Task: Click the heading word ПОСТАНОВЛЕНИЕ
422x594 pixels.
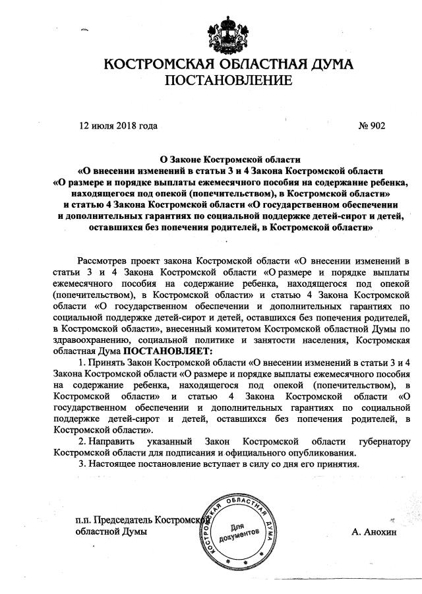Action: point(227,82)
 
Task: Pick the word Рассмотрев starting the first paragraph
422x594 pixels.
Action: point(103,256)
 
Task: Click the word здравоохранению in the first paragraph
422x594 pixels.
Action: point(92,340)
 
